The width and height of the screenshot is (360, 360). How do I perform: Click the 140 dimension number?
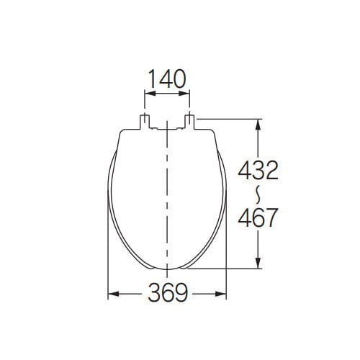167,78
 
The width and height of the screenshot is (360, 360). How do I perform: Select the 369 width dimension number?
167,293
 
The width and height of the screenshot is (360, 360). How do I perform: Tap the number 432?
258,171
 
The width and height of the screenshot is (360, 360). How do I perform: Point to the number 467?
258,217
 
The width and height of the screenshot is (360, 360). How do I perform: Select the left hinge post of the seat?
144,119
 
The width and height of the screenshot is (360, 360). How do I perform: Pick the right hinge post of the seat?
189,119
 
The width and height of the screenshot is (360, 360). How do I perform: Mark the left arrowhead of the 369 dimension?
111,294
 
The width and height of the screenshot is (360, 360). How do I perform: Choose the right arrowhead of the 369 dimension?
225,294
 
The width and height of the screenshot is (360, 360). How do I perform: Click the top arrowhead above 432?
258,122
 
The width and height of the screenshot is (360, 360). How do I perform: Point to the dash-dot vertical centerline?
167,202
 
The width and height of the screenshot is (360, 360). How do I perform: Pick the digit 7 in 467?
271,217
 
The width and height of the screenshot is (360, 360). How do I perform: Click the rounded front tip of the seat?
167,268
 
